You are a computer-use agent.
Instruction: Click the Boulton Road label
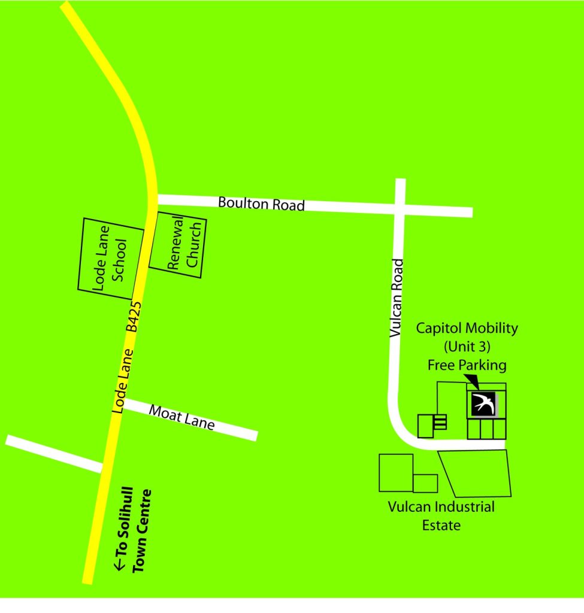(x=261, y=204)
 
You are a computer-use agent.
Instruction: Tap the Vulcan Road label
(x=397, y=298)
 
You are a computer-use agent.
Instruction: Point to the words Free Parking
(x=467, y=365)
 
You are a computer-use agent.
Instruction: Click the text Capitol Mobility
(x=467, y=328)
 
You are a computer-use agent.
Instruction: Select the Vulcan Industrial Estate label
(x=441, y=516)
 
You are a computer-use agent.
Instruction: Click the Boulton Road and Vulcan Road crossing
(x=400, y=207)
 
